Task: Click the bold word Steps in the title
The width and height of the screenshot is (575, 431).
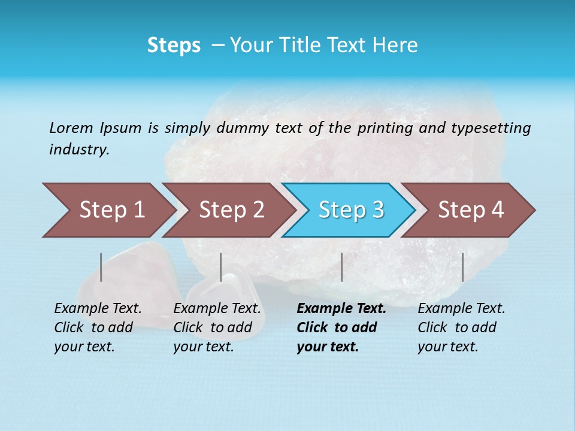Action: click(174, 45)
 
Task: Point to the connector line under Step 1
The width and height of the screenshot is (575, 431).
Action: click(101, 267)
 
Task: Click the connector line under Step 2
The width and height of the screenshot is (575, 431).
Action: click(221, 267)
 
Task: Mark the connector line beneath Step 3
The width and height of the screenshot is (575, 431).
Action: click(341, 267)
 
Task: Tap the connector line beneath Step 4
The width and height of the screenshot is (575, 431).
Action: click(462, 267)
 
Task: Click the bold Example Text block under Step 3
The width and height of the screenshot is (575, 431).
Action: click(341, 327)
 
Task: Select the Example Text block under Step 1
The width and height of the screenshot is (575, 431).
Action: click(98, 327)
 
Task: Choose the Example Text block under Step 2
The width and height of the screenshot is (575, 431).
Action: click(217, 327)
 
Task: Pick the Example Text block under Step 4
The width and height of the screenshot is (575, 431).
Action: click(461, 327)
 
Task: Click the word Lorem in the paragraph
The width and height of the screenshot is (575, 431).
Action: click(71, 128)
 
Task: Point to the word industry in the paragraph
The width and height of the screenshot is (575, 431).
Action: click(78, 150)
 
